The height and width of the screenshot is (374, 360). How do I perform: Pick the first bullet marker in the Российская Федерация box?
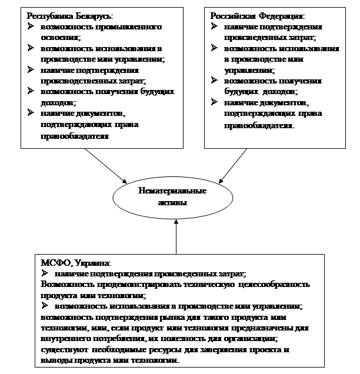coord(214,27)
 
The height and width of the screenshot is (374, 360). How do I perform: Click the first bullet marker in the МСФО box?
coord(45,274)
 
